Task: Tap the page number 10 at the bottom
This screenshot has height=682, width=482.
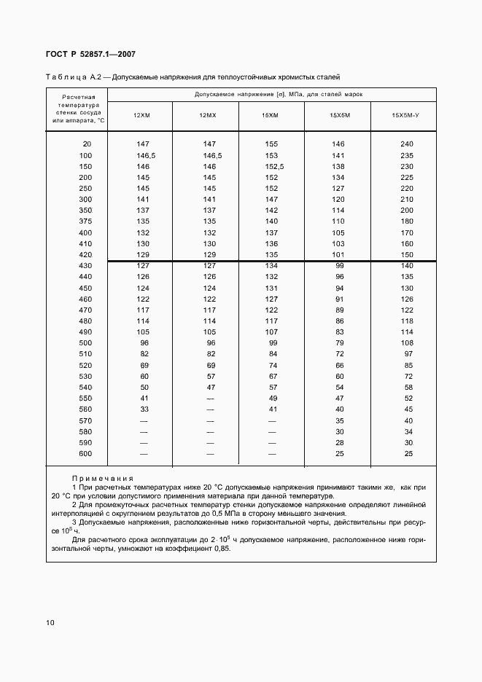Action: [50, 622]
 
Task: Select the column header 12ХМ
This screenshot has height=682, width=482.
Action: [141, 116]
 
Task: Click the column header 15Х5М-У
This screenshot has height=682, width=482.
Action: [406, 116]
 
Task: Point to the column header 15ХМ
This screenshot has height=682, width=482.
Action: [270, 116]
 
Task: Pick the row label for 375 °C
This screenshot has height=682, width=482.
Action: [86, 222]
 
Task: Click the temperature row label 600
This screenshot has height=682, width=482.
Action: [86, 454]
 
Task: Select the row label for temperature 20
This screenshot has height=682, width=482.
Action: [88, 144]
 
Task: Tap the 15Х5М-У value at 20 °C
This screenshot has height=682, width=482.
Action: [407, 144]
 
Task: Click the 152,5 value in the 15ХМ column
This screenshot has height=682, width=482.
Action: [273, 166]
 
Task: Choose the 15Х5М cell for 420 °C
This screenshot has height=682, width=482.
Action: [338, 254]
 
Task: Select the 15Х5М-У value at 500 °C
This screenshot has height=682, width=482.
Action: [407, 343]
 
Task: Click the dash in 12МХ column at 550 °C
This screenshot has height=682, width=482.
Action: [210, 399]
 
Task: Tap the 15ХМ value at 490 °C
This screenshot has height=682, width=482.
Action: [271, 332]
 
